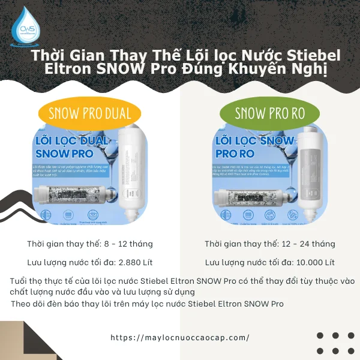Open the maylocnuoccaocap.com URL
[x=180, y=337]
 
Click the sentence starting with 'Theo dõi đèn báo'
[x=147, y=304]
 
